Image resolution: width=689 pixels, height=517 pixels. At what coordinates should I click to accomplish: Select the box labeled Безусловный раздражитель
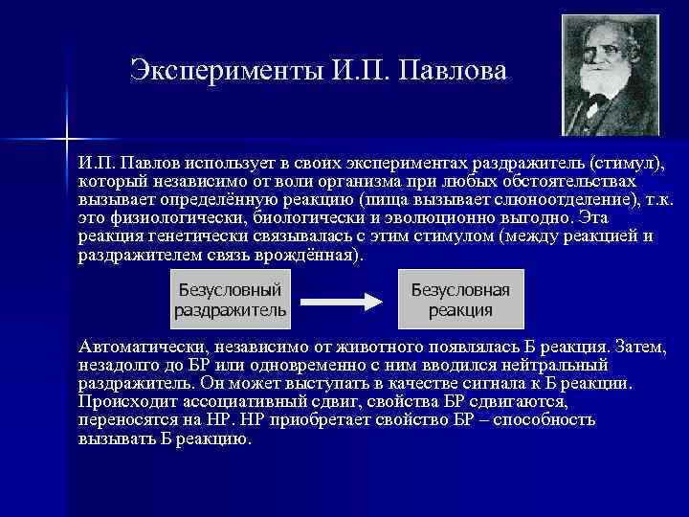point(230,299)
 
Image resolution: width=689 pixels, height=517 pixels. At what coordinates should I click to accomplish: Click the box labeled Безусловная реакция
point(460,299)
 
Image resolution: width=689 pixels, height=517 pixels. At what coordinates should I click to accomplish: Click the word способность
point(538,419)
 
